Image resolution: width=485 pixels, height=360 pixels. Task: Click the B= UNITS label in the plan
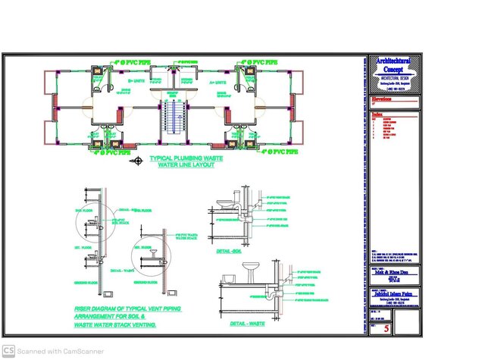click(136, 80)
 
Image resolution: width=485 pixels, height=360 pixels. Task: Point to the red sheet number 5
click(386, 329)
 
